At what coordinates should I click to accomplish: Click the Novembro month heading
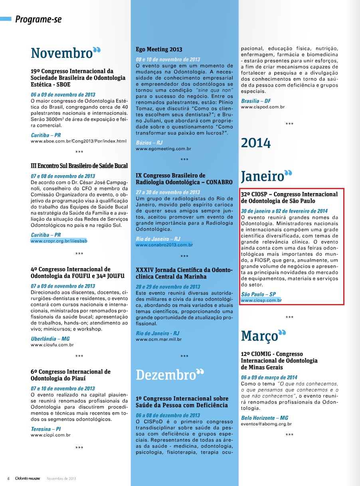click(x=62, y=53)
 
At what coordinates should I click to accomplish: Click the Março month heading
click(x=259, y=336)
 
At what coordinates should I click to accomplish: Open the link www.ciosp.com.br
click(x=261, y=300)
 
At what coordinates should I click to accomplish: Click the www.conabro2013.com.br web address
click(x=164, y=245)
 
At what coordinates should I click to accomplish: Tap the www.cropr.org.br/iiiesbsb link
click(x=59, y=241)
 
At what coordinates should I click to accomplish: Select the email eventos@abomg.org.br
click(x=266, y=424)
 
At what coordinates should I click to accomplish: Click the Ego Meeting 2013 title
click(x=159, y=49)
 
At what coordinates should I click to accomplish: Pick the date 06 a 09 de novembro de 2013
click(x=63, y=95)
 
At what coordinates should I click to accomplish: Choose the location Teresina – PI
click(x=45, y=429)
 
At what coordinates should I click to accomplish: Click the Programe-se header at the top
click(x=38, y=19)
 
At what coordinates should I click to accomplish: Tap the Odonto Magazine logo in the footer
click(x=28, y=478)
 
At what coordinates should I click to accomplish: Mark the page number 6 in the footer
click(x=8, y=478)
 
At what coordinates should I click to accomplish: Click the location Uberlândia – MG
click(x=50, y=339)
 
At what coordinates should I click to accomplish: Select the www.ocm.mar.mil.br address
click(x=159, y=339)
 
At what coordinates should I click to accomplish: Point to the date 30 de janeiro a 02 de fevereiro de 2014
click(x=284, y=211)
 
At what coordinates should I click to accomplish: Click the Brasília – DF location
click(x=256, y=101)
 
